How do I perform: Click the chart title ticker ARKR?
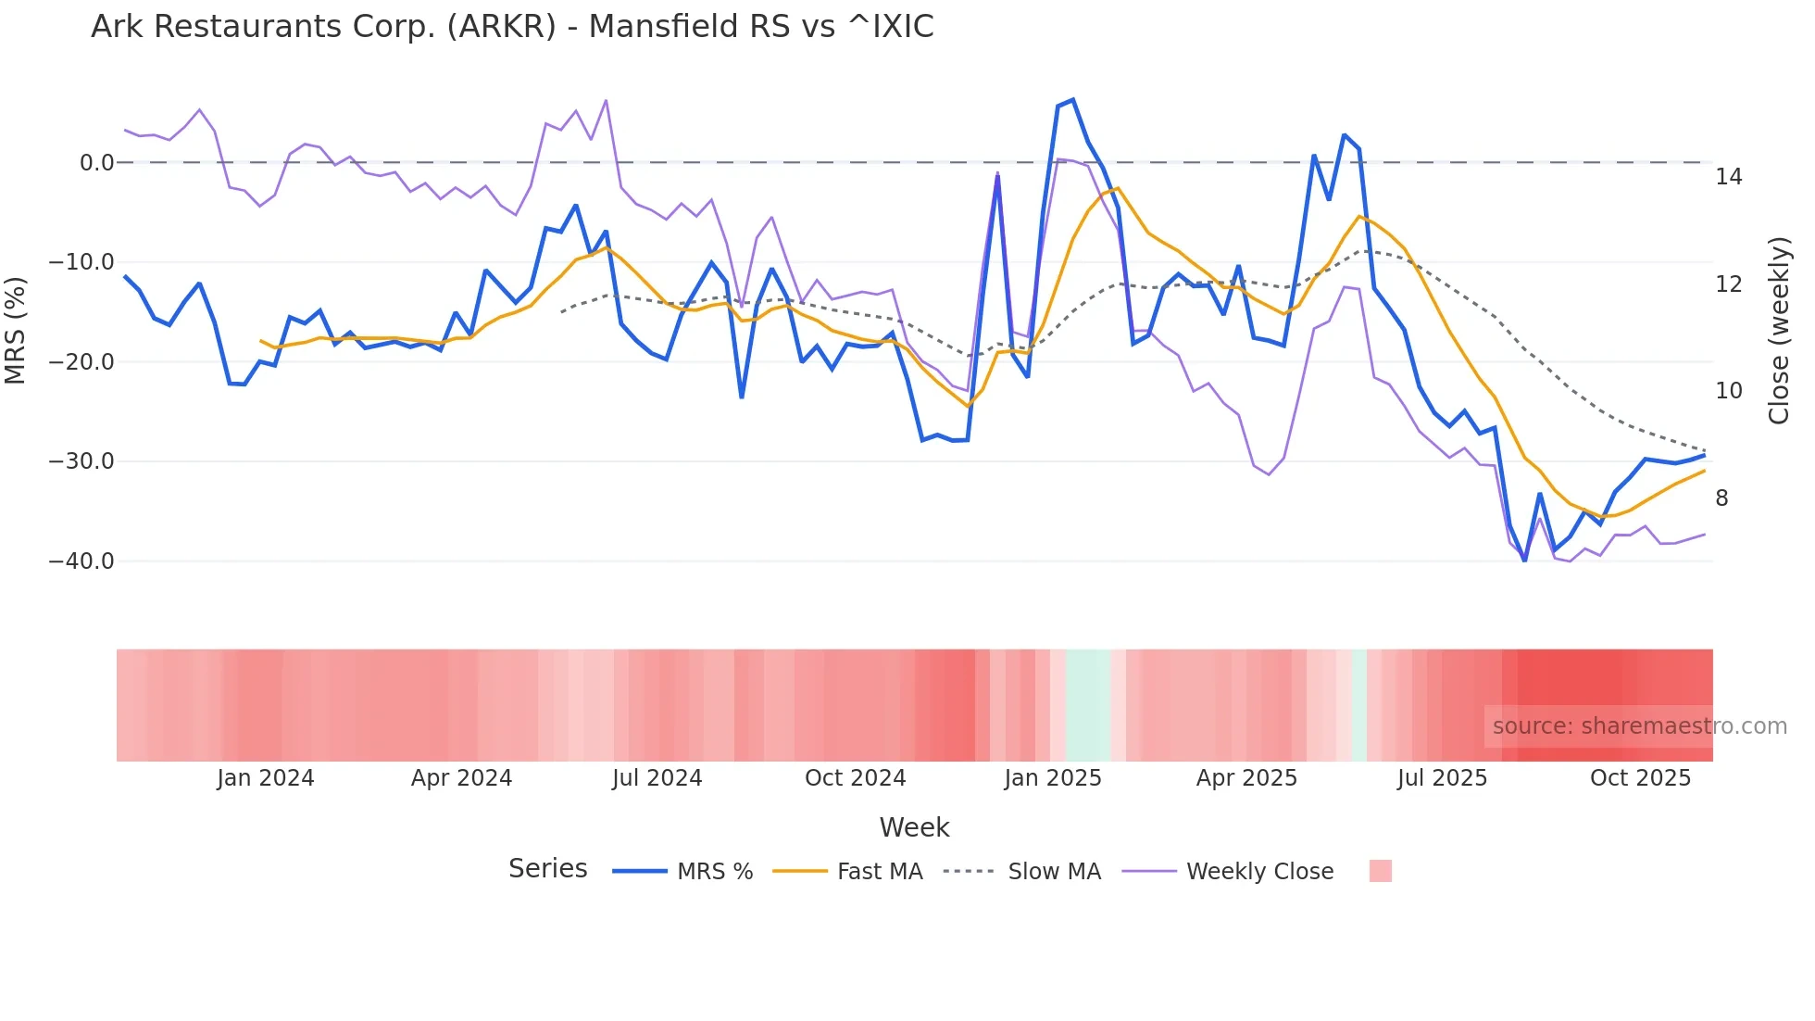point(501,27)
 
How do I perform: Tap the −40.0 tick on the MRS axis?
point(81,561)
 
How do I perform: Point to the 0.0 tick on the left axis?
point(96,163)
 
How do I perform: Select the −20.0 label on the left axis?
point(81,362)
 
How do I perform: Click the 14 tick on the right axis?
point(1728,177)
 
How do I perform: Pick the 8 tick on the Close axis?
point(1721,498)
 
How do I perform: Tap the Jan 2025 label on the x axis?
point(1053,778)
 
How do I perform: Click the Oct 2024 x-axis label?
point(855,778)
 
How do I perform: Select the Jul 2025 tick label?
point(1442,778)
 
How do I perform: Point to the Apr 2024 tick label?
point(461,778)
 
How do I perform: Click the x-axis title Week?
point(914,827)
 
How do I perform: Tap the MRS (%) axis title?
point(16,331)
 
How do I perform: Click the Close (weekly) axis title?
point(1779,331)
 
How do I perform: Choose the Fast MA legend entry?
point(880,872)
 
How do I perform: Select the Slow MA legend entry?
point(1054,872)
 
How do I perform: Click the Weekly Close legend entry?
point(1259,872)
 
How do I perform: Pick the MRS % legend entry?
point(714,872)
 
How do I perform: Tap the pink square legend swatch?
point(1380,871)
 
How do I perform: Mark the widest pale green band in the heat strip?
point(1087,705)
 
